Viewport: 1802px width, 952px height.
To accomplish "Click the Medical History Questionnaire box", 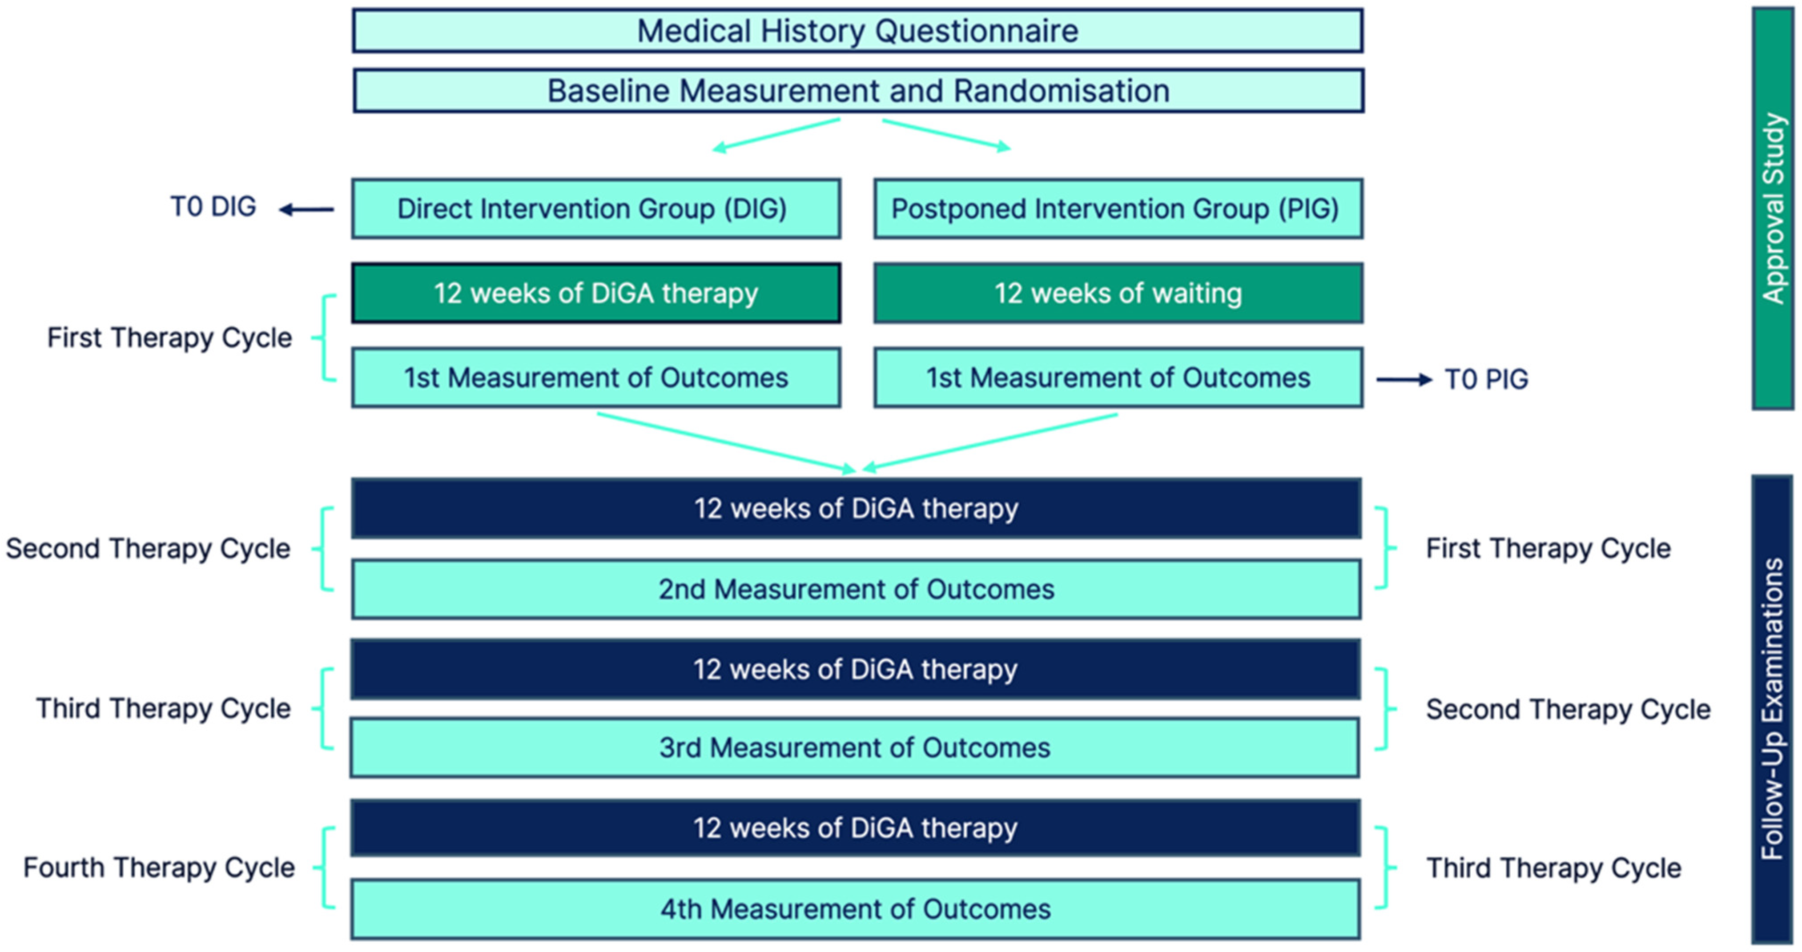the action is (857, 31).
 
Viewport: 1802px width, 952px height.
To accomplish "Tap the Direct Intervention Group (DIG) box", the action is (596, 209).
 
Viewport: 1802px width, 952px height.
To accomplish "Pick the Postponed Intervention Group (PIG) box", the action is (1118, 209).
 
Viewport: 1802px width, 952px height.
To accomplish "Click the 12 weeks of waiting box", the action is (1118, 293).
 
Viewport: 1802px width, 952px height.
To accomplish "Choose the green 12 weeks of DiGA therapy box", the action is (596, 293).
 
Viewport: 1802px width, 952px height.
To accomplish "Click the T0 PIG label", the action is (1487, 380).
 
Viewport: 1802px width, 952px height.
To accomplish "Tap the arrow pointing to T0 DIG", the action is (306, 209).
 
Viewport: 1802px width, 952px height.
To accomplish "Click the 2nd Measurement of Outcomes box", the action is (856, 589).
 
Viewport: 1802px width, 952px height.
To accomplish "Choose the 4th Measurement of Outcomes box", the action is (856, 908).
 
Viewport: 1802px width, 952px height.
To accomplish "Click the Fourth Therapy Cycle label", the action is (160, 868).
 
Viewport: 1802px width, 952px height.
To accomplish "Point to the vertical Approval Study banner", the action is (1773, 209).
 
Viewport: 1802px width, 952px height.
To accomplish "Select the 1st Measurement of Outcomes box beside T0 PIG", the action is (1118, 378).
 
